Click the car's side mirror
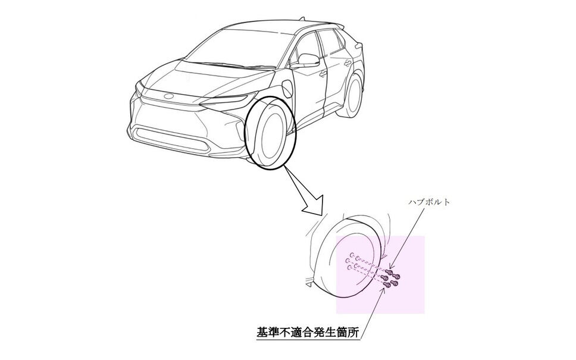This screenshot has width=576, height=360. click(x=308, y=60)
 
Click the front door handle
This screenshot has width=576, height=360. click(x=322, y=74)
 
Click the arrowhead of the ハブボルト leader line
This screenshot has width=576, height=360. click(x=390, y=267)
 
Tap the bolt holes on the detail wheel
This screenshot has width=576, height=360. click(x=352, y=262)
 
